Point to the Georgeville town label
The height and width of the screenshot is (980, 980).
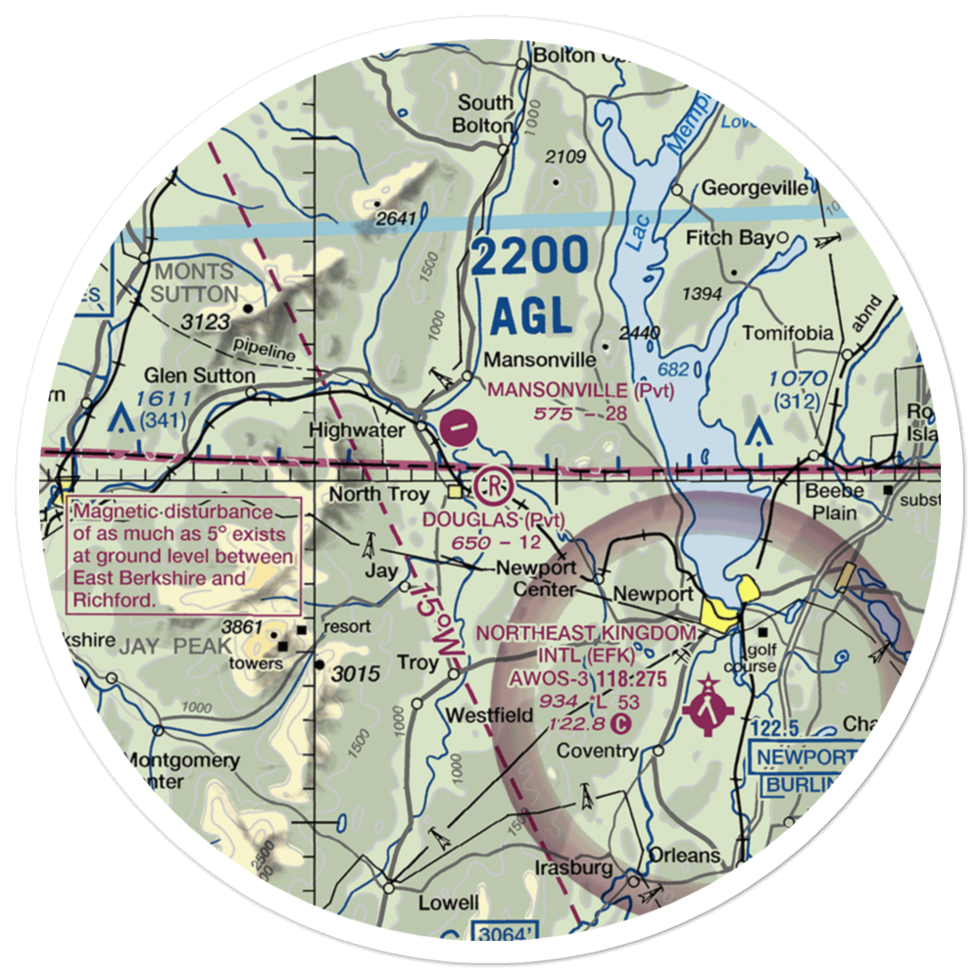pos(756,188)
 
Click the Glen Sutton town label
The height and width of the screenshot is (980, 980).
pos(199,375)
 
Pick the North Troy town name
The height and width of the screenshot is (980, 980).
pos(380,495)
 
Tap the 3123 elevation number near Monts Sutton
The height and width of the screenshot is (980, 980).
pos(204,322)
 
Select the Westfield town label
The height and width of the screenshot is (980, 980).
pos(490,715)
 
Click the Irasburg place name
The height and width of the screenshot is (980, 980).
pos(574,868)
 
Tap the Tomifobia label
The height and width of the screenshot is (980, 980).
pos(787,334)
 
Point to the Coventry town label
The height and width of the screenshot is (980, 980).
pos(598,752)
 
